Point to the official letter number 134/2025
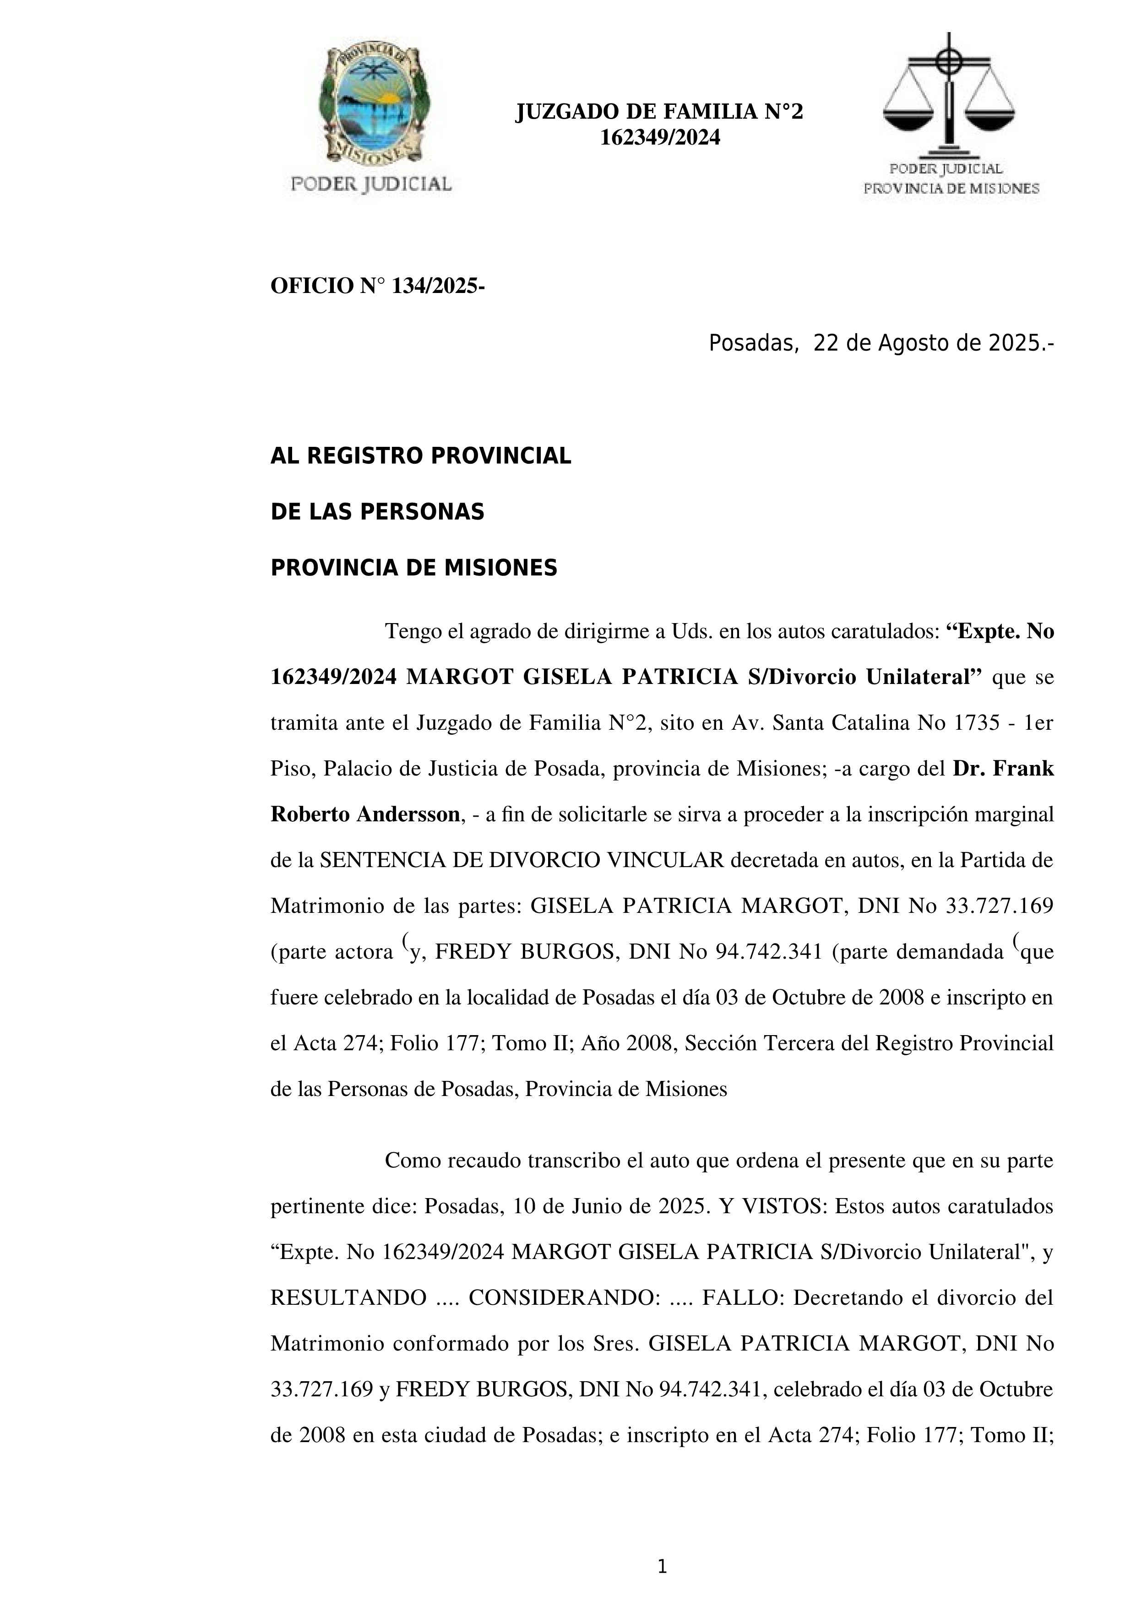pos(434,286)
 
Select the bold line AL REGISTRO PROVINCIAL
pos(420,456)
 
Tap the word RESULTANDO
pos(348,1297)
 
